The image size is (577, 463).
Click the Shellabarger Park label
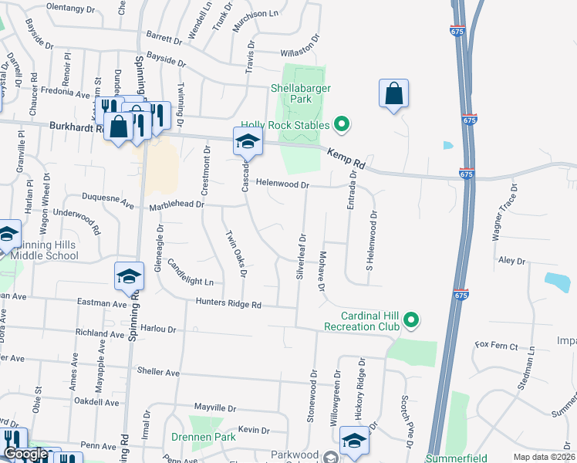point(301,93)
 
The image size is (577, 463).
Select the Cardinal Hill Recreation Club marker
point(411,319)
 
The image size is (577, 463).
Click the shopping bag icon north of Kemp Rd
point(393,94)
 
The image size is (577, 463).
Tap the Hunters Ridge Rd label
point(228,304)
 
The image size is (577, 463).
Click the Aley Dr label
point(511,262)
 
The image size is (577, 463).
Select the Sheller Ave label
point(157,373)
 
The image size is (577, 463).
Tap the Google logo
point(25,455)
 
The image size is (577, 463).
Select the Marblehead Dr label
point(177,204)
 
